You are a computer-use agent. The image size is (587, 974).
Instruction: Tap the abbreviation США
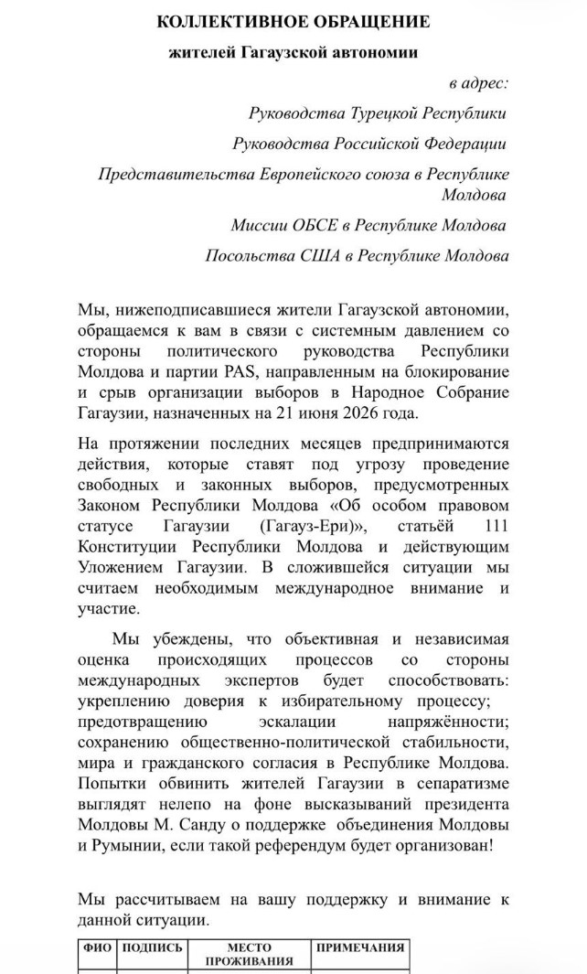[x=326, y=255]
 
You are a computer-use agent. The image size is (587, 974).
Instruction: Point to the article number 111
[x=493, y=528]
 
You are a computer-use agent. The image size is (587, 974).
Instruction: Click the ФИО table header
[x=97, y=948]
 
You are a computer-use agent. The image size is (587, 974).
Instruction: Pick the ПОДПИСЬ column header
[x=153, y=948]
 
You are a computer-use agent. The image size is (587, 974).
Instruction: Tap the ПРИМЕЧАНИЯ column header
[x=359, y=948]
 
